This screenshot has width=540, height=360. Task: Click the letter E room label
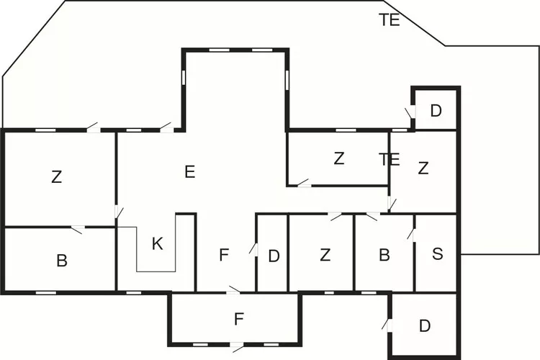(190, 171)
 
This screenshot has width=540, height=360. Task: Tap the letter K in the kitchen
(158, 244)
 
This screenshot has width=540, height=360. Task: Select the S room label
(437, 253)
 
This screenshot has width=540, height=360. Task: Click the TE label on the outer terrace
(389, 19)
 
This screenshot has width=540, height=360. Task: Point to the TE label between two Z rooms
(389, 160)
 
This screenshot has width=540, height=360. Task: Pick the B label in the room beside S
(384, 256)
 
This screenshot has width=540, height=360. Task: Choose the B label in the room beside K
(62, 261)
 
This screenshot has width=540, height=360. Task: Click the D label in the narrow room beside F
(274, 256)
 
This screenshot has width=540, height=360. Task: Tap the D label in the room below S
(425, 325)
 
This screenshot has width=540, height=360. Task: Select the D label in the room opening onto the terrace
(436, 111)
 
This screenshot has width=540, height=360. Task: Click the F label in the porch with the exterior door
(239, 320)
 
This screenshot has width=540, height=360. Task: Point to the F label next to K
(224, 256)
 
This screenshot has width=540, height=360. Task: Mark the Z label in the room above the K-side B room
(56, 177)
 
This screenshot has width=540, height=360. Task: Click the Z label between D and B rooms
(325, 256)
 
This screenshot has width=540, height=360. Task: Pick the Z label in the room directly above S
(423, 168)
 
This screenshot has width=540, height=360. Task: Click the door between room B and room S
(411, 233)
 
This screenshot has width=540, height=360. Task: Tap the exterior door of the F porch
(238, 346)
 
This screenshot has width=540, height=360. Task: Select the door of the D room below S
(387, 325)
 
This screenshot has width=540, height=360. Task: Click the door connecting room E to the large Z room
(119, 212)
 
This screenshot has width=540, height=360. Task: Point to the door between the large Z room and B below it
(78, 230)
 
